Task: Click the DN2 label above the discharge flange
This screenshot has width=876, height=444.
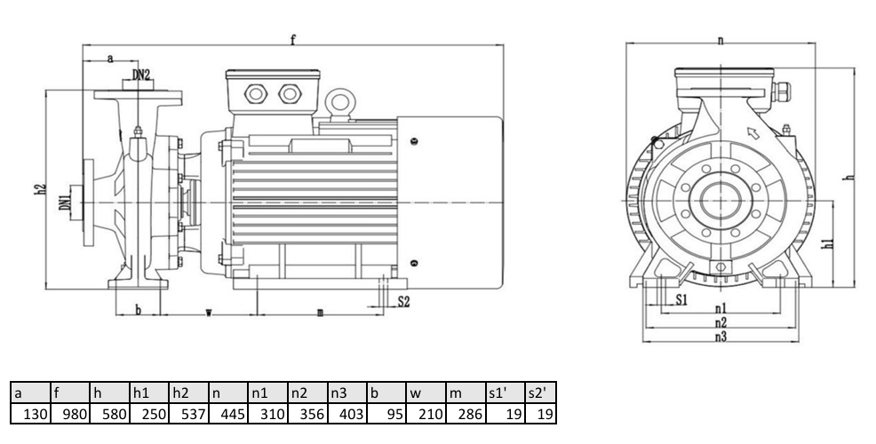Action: click(140, 75)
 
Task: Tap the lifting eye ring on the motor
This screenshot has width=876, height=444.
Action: click(338, 103)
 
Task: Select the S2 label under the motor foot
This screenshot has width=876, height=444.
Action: click(403, 302)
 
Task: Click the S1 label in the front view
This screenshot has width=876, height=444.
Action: click(681, 300)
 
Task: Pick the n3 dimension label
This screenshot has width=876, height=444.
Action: click(721, 337)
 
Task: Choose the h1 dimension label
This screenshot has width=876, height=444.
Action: click(830, 243)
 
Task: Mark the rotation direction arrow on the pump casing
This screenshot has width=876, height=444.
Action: click(753, 133)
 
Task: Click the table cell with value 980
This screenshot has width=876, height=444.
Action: click(70, 414)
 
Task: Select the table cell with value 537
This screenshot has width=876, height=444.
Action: click(188, 414)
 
